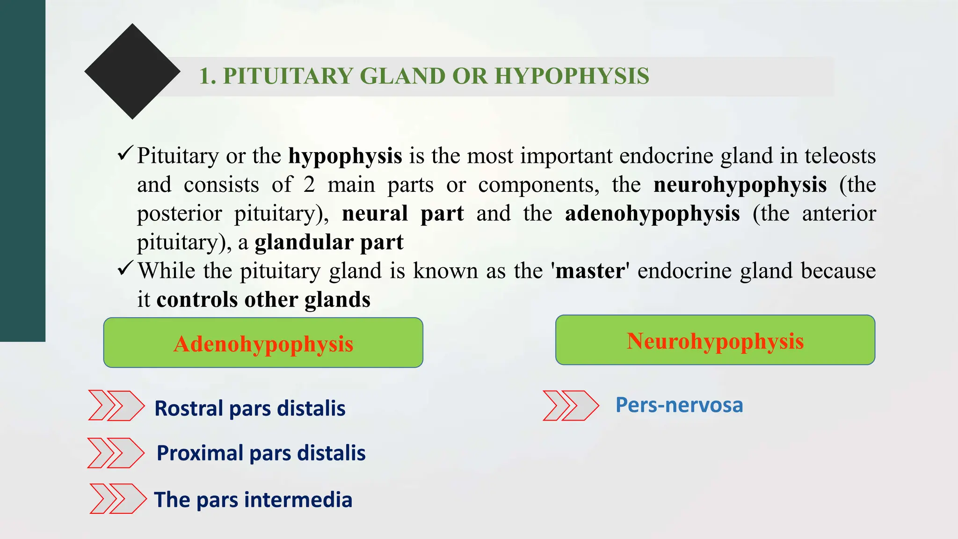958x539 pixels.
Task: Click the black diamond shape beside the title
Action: [132, 72]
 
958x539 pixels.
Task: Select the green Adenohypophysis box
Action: [263, 343]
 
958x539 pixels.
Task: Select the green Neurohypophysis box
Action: [715, 340]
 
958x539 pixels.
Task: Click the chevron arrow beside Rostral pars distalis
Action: [116, 405]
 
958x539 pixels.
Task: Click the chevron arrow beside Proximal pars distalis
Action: [116, 453]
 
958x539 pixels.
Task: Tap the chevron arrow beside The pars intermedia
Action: [117, 499]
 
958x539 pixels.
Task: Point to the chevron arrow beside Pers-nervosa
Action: [570, 405]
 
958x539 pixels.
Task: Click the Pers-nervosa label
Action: [679, 405]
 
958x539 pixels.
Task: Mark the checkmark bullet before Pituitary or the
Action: [125, 153]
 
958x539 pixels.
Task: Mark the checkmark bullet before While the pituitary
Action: [125, 268]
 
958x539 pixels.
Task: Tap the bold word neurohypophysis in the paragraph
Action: [740, 185]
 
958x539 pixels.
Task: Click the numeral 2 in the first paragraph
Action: [309, 185]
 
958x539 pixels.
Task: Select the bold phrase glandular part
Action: [329, 242]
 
